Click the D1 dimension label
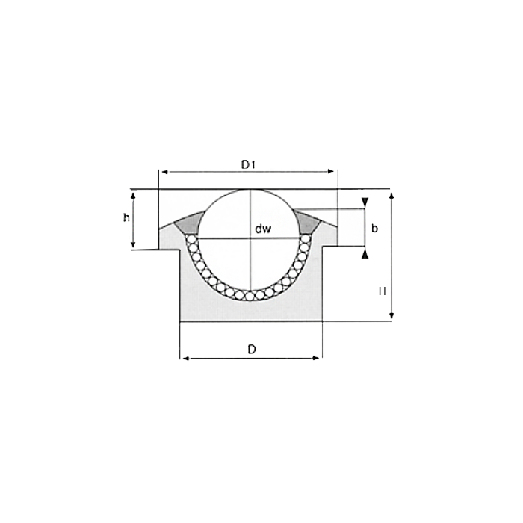[249, 164]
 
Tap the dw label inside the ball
[261, 229]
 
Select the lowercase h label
[126, 218]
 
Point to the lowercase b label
[374, 227]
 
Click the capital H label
[382, 291]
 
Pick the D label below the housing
[252, 349]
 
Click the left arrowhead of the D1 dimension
[164, 172]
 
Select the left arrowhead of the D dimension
[185, 358]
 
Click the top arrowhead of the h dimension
[134, 194]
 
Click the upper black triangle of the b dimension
[365, 202]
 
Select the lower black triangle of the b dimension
[365, 254]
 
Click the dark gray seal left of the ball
[190, 221]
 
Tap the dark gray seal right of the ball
[309, 221]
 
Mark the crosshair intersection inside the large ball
[251, 238]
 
